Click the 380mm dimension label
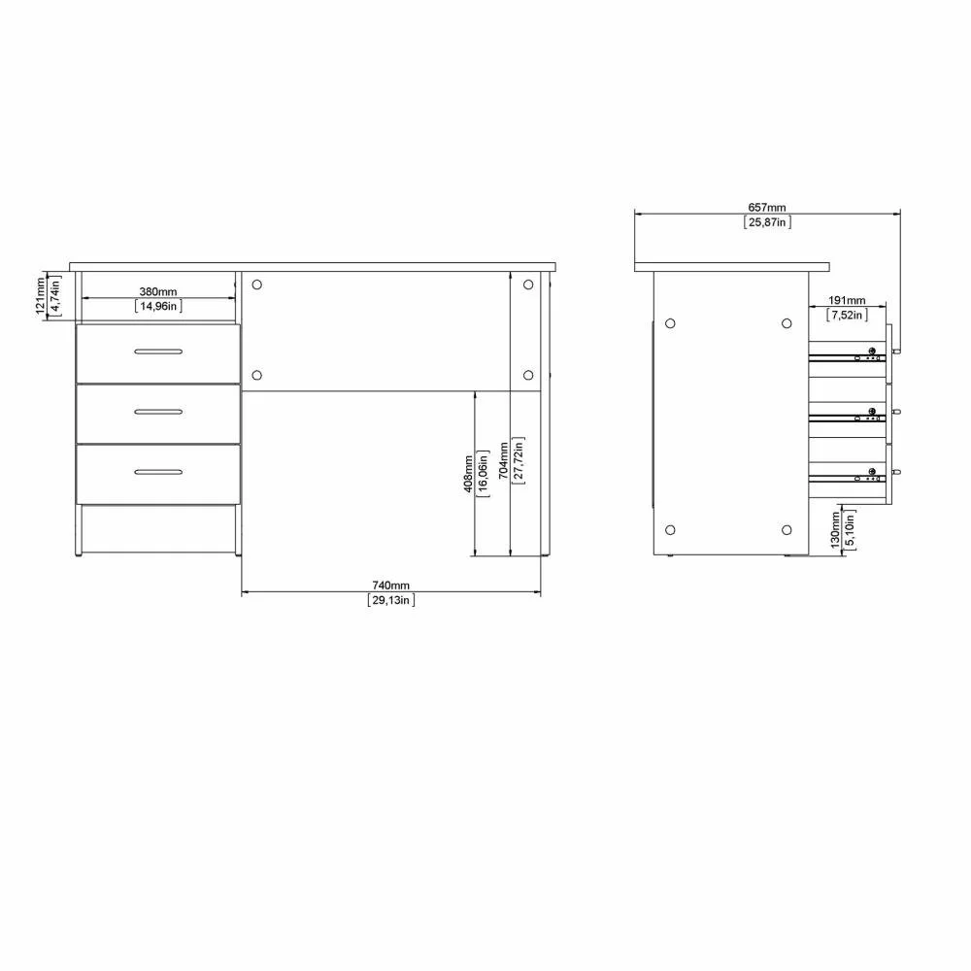click(x=158, y=291)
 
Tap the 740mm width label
click(x=391, y=586)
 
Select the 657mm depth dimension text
click(x=767, y=208)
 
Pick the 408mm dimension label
click(x=469, y=473)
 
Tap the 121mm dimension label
click(x=40, y=295)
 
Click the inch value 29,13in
click(x=391, y=600)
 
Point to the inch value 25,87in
click(x=767, y=222)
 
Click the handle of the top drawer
click(x=158, y=351)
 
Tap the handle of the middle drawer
click(x=158, y=412)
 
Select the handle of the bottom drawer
click(x=158, y=472)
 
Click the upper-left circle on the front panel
click(x=257, y=285)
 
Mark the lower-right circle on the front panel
click(x=528, y=375)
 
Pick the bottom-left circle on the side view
click(x=670, y=529)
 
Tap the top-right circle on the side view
click(x=787, y=323)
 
